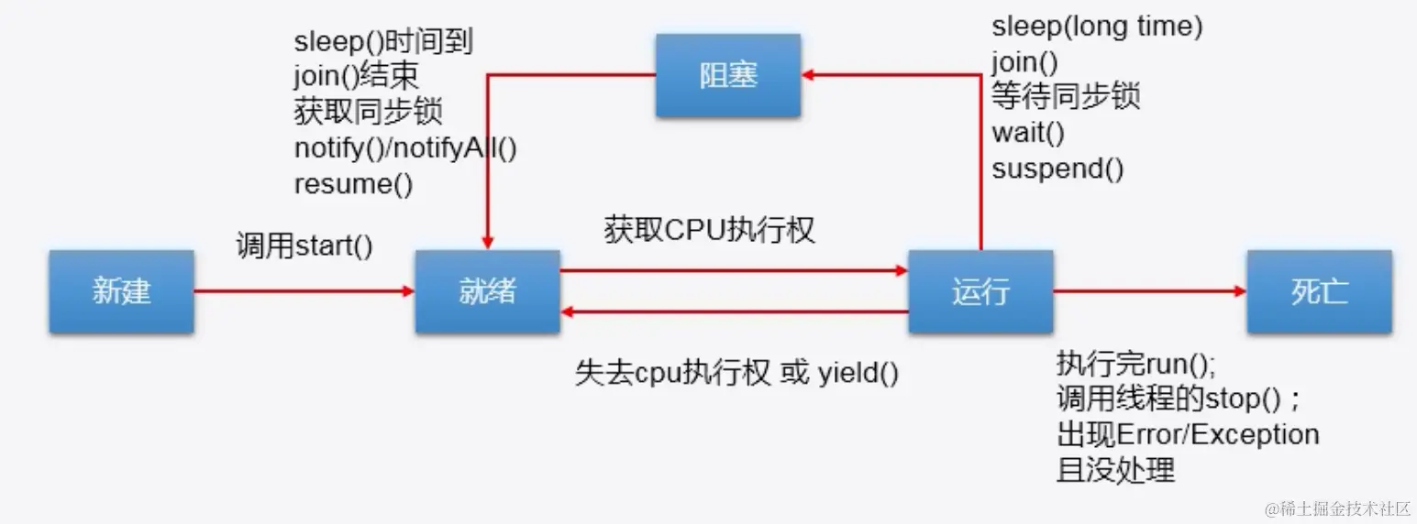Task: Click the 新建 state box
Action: [x=121, y=291]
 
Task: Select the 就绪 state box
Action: [x=487, y=291]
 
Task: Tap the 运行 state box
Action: [x=980, y=291]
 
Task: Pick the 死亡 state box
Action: [x=1319, y=291]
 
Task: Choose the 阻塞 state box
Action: [x=728, y=75]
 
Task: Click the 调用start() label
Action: [x=304, y=247]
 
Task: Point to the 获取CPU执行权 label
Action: [x=709, y=230]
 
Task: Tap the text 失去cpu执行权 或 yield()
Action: [x=737, y=373]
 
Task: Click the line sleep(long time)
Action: [x=1097, y=27]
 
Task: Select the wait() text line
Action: [x=1028, y=133]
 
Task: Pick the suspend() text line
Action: [x=1057, y=169]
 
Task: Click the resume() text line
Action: [x=354, y=183]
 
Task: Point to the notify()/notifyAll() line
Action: [x=405, y=147]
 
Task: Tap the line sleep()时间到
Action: [x=383, y=41]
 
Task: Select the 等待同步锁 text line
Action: [x=1066, y=97]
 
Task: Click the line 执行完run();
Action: [x=1136, y=364]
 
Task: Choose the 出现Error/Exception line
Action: [x=1188, y=434]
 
